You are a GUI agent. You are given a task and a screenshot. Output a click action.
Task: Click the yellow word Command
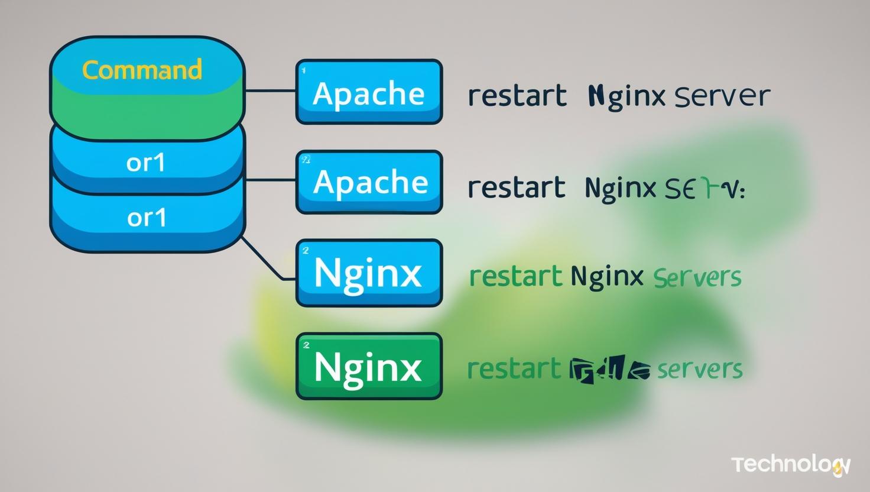pyautogui.click(x=142, y=70)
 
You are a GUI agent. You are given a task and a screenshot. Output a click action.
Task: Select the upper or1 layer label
pyautogui.click(x=145, y=162)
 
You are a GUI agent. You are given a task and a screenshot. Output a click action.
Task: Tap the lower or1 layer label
pyautogui.click(x=147, y=218)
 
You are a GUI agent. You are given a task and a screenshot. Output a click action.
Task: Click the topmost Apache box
pyautogui.click(x=369, y=92)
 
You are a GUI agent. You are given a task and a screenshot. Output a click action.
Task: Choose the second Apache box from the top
pyautogui.click(x=369, y=182)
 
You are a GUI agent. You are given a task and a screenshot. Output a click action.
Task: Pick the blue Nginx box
pyautogui.click(x=369, y=273)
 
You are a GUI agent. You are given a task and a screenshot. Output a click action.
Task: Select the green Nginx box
pyautogui.click(x=369, y=366)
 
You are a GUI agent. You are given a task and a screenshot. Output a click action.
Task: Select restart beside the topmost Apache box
pyautogui.click(x=517, y=96)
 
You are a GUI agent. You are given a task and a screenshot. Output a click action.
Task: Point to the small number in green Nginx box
pyautogui.click(x=306, y=345)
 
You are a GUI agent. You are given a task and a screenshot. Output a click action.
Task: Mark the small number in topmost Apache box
pyautogui.click(x=304, y=70)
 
